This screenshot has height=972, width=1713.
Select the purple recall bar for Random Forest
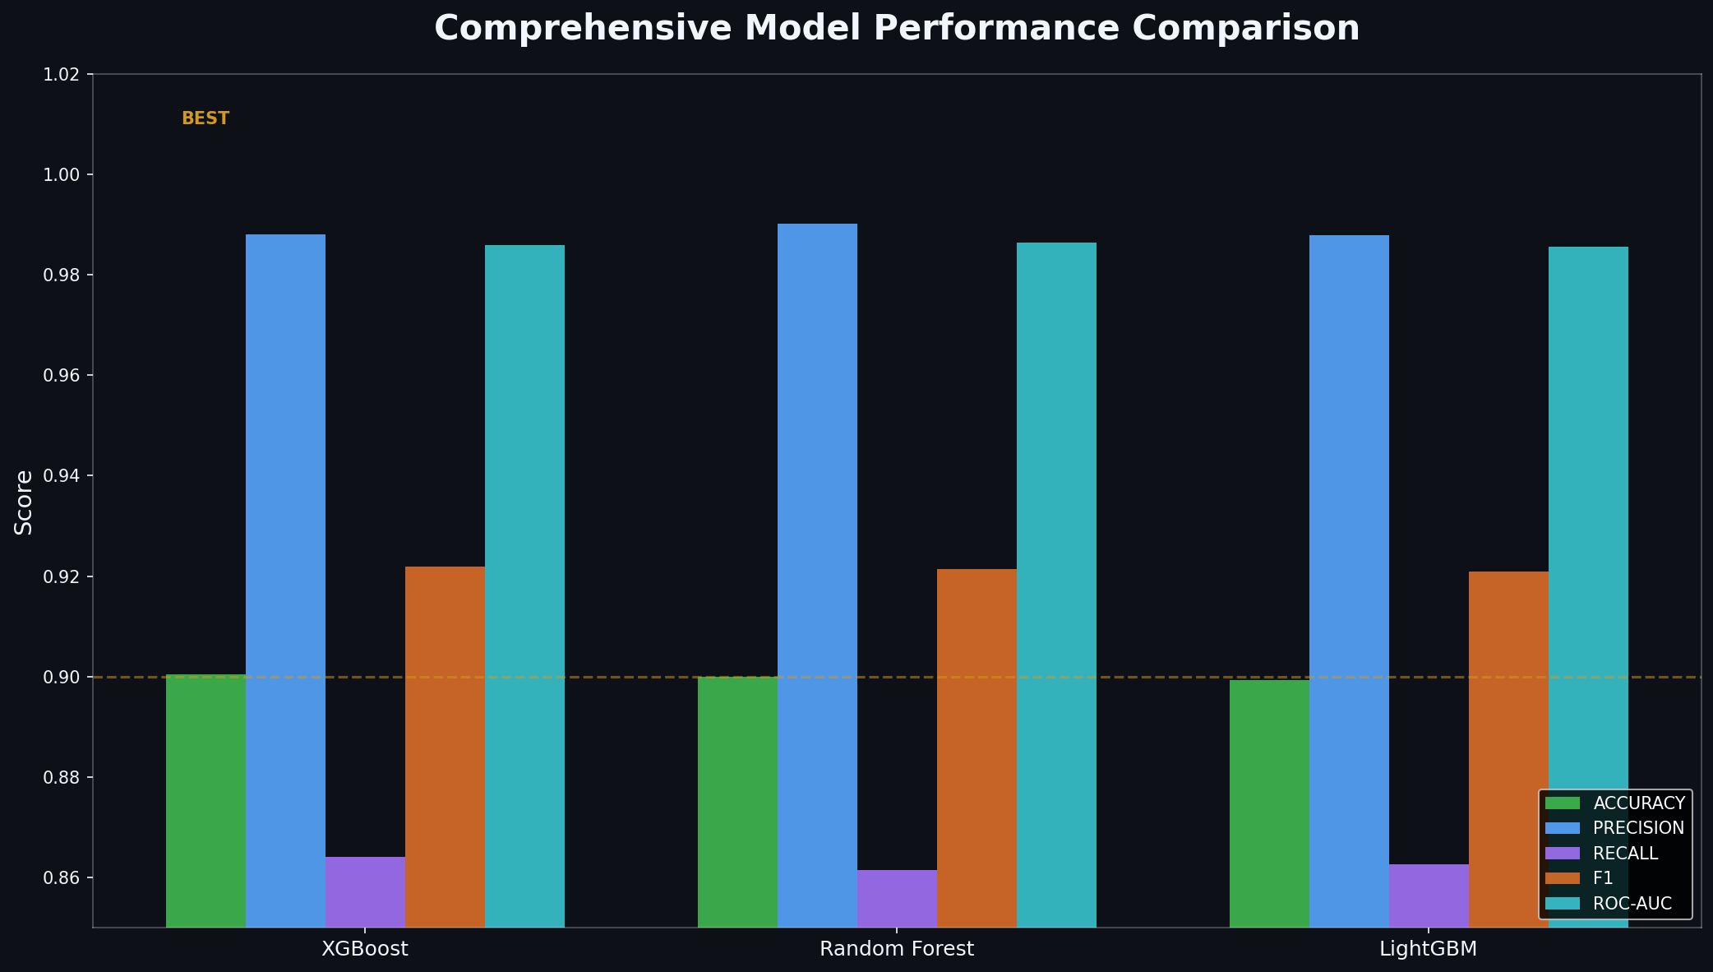(x=897, y=898)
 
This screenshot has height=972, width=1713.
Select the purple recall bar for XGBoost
(x=365, y=891)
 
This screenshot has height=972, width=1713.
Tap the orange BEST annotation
(x=205, y=118)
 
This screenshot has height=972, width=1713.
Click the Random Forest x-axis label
(x=896, y=949)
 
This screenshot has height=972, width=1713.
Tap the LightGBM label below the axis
(x=1428, y=949)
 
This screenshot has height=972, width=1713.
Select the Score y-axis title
(x=24, y=502)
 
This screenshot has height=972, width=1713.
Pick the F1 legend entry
(x=1603, y=878)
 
